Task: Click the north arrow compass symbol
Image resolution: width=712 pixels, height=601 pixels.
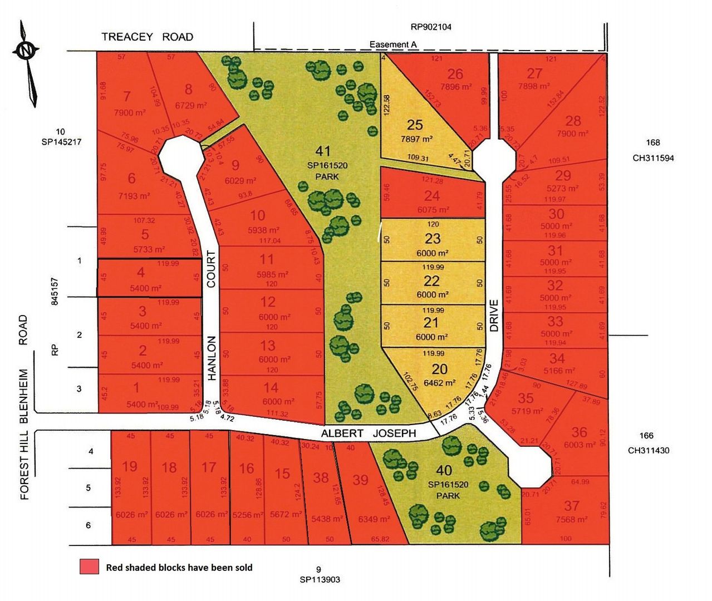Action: (x=26, y=51)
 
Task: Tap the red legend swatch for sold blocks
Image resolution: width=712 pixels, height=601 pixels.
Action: (x=89, y=567)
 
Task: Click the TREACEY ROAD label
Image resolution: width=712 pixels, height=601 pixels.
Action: (x=148, y=37)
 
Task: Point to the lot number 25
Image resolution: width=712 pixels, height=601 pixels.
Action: (x=415, y=125)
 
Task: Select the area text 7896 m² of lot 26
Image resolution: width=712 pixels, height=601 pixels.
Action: (x=455, y=86)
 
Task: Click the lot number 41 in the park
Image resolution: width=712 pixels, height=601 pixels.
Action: (x=323, y=151)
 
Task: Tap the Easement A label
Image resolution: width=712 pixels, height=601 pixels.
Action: (x=394, y=45)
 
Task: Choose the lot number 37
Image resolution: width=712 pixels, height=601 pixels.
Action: (x=572, y=505)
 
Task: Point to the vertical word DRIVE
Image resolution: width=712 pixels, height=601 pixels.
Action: (x=494, y=316)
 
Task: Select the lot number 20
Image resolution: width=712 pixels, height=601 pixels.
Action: (x=439, y=369)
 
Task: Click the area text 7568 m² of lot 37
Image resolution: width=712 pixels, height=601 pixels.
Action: (x=572, y=519)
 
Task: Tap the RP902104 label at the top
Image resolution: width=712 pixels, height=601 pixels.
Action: (x=431, y=26)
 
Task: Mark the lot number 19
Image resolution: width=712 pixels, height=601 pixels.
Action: (x=130, y=466)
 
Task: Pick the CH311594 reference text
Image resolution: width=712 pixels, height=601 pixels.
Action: (x=653, y=157)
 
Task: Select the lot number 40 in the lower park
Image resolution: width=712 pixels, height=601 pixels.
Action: (x=444, y=471)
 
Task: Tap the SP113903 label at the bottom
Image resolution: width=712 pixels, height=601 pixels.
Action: (x=320, y=579)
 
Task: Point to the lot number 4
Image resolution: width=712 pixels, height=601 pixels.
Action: (x=141, y=272)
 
